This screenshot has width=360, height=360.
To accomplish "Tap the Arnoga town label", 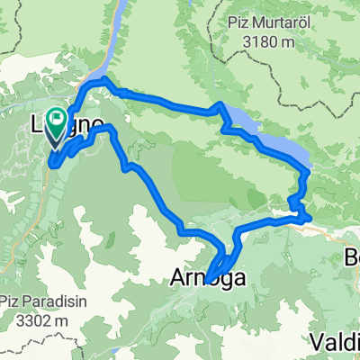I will [x=206, y=282].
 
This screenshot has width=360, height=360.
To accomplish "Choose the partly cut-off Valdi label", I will [x=334, y=340].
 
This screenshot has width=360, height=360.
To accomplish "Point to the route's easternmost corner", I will [x=310, y=216].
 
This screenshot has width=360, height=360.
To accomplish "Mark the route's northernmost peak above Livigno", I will [x=106, y=81].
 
